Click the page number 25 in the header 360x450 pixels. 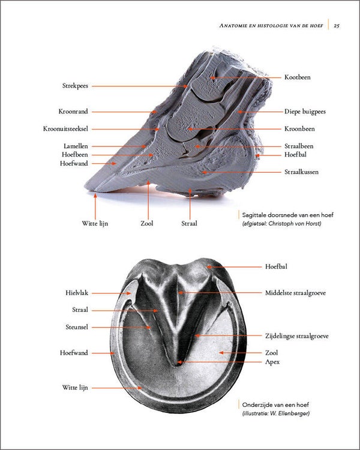337,25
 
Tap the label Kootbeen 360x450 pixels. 297,77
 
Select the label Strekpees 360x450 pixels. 74,86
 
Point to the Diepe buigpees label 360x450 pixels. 306,112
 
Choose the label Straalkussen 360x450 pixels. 301,172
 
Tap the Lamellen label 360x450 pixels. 76,146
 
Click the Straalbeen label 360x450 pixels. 298,146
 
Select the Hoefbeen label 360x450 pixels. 75,154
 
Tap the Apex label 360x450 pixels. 272,362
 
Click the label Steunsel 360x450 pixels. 77,327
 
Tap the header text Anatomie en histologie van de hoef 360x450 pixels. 271,25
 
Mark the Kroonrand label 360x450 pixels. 73,112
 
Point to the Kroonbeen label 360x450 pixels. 299,128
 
